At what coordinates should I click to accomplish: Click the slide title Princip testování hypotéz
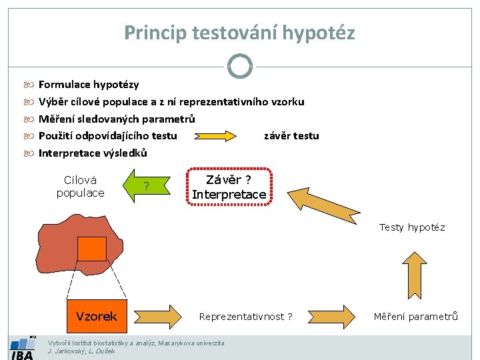click(239, 32)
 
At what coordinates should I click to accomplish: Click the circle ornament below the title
click(239, 65)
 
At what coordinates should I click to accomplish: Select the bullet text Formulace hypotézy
click(89, 85)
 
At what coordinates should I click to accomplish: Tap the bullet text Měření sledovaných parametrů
click(117, 119)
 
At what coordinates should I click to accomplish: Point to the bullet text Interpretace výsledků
click(93, 153)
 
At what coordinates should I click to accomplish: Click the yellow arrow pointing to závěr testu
click(215, 136)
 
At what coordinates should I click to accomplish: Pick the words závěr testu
click(291, 136)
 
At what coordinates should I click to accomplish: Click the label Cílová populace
click(80, 187)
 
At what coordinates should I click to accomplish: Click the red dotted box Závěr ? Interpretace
click(229, 187)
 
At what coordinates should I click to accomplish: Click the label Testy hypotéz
click(412, 227)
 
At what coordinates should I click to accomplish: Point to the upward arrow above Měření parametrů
click(415, 275)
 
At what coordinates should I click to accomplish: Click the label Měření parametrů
click(415, 317)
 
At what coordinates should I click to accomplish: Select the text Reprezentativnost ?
click(245, 317)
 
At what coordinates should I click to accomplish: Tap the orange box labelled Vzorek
click(97, 316)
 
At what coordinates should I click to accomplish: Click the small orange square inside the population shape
click(91, 249)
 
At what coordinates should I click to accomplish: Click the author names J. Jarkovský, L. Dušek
click(82, 351)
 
